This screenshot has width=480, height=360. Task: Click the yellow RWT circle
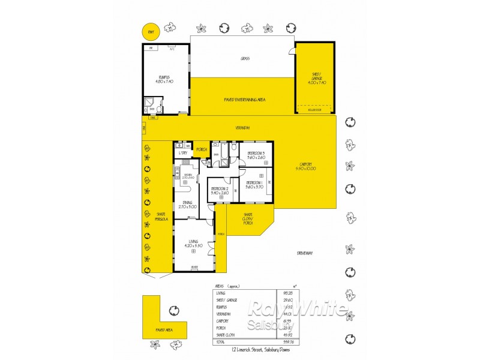(x=147, y=31)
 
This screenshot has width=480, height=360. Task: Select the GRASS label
(x=245, y=59)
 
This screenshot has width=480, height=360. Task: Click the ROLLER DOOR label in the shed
(x=315, y=110)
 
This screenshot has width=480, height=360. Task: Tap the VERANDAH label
(x=242, y=128)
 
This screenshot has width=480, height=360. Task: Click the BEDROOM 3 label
(x=256, y=155)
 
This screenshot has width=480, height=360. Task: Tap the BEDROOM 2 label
(x=220, y=191)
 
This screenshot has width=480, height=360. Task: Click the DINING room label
(x=184, y=205)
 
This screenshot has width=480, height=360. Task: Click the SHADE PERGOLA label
(x=161, y=217)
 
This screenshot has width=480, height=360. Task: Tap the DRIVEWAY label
(x=305, y=253)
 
